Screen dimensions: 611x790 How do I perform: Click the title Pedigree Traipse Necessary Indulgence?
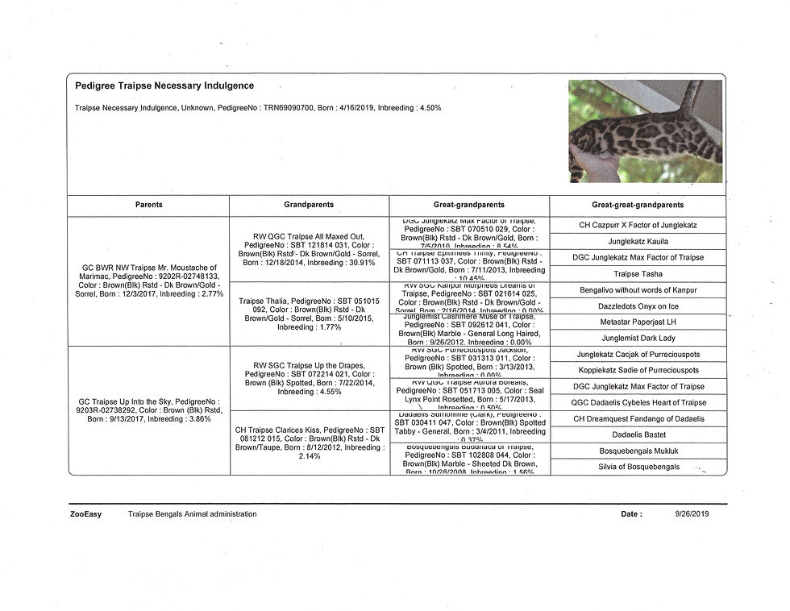[x=164, y=85]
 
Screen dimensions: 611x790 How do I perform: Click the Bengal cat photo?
[x=645, y=131]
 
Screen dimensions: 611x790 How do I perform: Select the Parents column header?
[x=148, y=205]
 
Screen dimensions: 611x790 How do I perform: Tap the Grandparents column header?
[x=309, y=205]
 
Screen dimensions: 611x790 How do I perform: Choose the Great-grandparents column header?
[x=469, y=205]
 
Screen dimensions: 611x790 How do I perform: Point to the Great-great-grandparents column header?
[x=638, y=205]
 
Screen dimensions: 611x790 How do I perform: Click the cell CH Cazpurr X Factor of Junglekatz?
[x=638, y=225]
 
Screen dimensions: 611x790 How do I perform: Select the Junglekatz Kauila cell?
[x=638, y=241]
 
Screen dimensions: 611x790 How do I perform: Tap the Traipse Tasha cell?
[x=638, y=274]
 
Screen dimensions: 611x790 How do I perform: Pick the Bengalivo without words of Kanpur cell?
[x=638, y=290]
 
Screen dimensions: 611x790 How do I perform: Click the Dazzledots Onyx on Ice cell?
[x=638, y=306]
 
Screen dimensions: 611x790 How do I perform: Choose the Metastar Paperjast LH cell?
[x=638, y=322]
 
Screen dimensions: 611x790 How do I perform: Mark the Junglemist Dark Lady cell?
[x=638, y=339]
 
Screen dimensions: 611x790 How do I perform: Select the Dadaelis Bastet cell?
[x=638, y=434]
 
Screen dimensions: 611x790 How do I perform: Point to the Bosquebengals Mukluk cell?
[x=638, y=451]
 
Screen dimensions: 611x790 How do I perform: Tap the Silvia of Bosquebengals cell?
[x=638, y=467]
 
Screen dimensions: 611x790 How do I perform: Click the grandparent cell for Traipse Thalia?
[x=310, y=314]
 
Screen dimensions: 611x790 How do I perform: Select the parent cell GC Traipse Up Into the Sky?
[x=148, y=409]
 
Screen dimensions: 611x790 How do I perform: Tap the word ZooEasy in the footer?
[x=85, y=513]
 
